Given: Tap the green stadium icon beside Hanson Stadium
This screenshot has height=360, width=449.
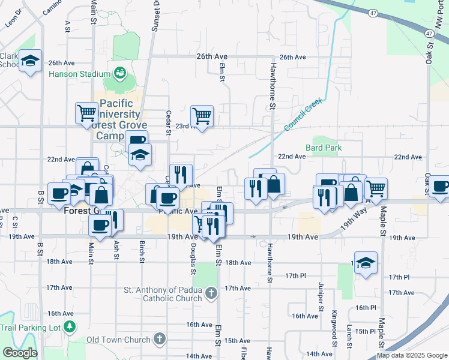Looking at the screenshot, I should tap(120, 74).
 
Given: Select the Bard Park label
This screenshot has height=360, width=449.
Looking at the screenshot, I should tap(324, 147).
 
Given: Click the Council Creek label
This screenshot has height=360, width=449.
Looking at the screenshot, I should tap(300, 116).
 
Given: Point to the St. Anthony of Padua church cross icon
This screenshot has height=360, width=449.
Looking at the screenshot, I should tap(210, 293).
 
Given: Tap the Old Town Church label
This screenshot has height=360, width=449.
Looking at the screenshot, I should tap(118, 340).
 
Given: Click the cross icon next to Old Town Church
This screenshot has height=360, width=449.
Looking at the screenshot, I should tap(159, 340).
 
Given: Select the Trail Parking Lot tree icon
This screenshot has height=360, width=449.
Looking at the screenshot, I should tap(71, 327).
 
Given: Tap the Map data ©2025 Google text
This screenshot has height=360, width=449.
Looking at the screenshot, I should tap(412, 356).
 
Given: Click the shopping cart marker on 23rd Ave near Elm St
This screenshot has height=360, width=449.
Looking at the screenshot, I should tap(202, 116).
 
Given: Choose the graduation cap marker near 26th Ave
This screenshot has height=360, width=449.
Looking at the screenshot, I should tap(30, 61).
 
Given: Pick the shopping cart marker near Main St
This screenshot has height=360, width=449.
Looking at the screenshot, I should tap(86, 112).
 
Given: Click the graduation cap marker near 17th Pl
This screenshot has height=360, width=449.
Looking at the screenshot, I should tap(366, 263).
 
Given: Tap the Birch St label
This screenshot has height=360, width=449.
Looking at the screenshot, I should tap(142, 252).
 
